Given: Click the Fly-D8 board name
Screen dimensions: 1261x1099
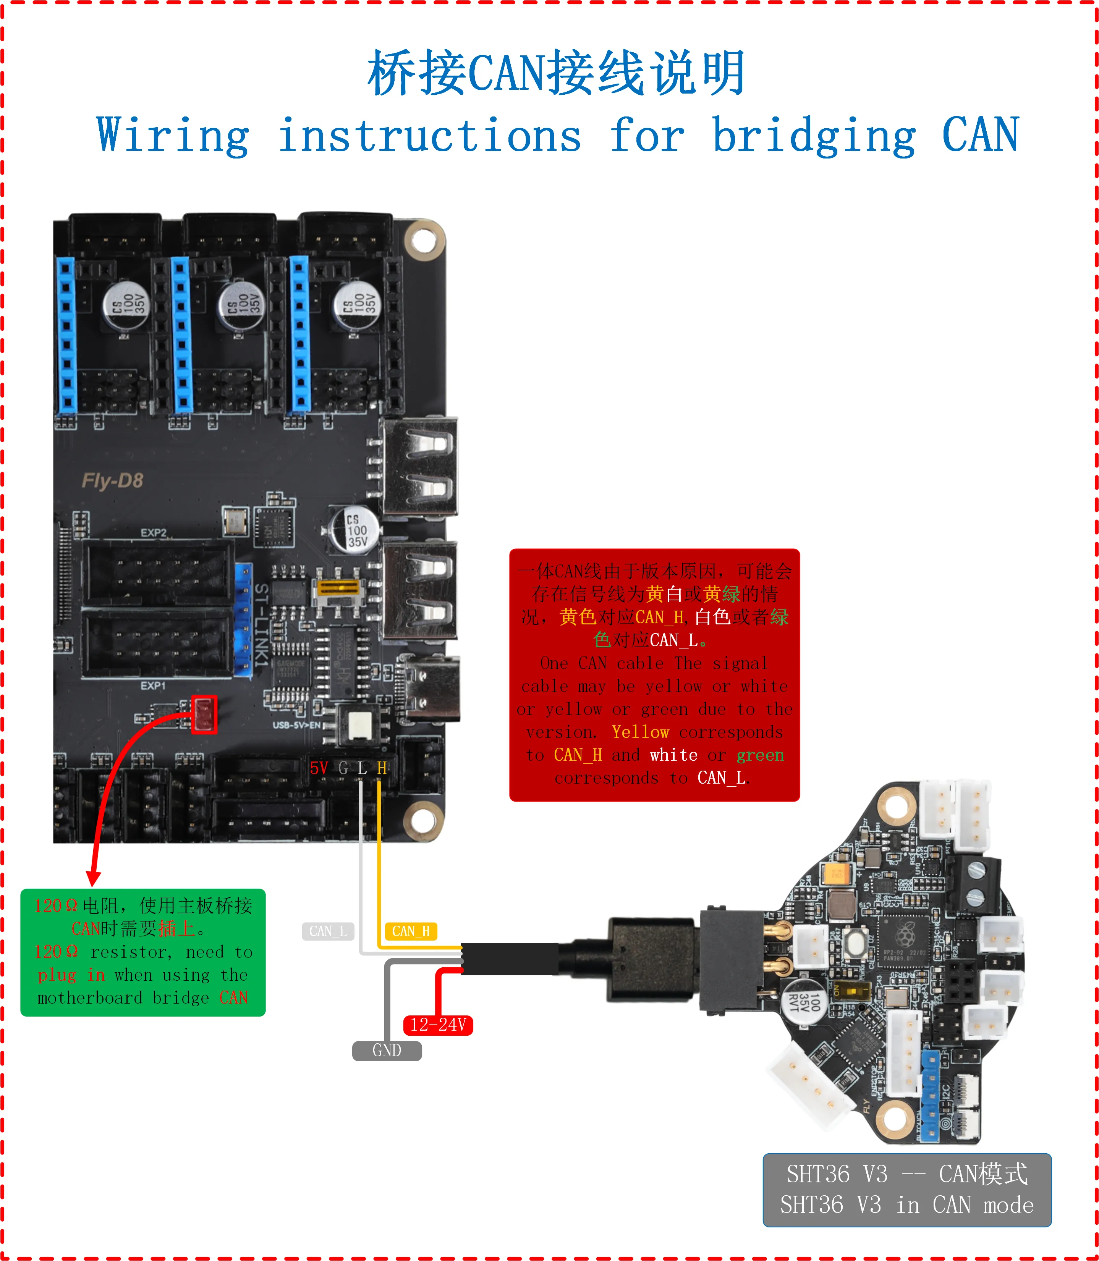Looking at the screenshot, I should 112,481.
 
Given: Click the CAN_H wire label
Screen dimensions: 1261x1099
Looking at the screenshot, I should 411,931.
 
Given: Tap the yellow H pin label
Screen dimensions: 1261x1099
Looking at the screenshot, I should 382,768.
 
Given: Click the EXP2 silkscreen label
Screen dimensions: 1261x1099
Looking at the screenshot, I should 153,533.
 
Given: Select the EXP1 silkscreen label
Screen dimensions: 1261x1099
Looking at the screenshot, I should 153,685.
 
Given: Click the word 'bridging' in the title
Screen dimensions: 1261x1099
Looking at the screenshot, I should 814,136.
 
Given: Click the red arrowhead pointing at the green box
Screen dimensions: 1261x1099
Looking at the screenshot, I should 93,878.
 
